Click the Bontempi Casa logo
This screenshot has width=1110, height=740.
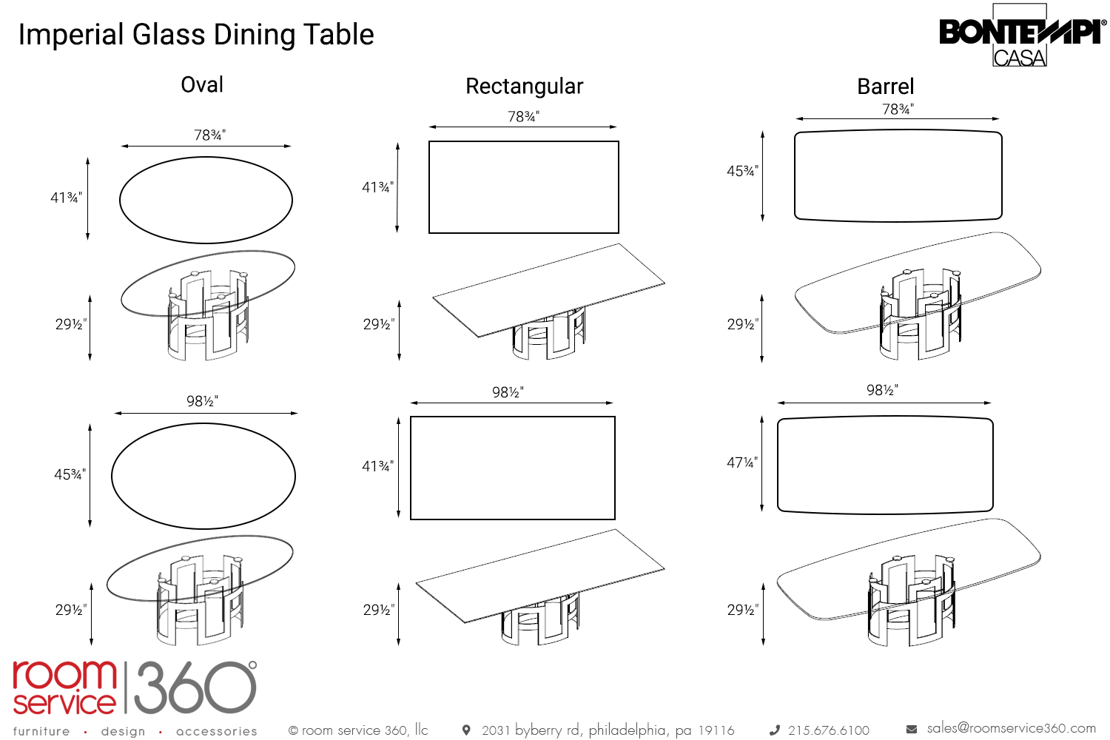coord(1021,36)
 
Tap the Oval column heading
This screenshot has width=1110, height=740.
coord(202,85)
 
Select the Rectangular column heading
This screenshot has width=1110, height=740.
coord(524,87)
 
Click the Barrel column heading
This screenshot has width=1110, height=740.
coord(885,87)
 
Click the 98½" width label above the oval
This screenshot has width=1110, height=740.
coord(202,401)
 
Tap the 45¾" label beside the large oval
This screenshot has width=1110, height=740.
coord(70,474)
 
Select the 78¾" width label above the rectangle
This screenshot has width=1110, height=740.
coord(523,117)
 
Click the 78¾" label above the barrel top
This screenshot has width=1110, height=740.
coord(898,110)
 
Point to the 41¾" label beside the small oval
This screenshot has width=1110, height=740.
coord(66,198)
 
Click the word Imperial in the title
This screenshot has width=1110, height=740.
coord(71,35)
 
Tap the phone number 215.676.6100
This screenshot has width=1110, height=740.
coord(828,730)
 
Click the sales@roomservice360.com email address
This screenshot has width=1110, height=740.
coord(1011,728)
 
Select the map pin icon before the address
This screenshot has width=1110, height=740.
coord(466,730)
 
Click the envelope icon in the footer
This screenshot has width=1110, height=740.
coord(912,730)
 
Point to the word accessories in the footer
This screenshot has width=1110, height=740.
coord(217,731)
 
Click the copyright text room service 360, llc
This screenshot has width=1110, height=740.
coord(359,730)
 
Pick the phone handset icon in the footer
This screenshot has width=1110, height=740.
coord(775,730)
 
